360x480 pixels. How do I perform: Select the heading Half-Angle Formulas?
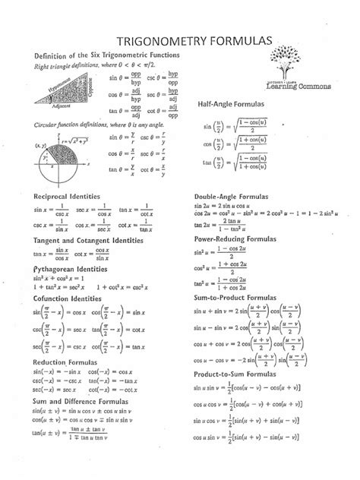pyautogui.click(x=232, y=103)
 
